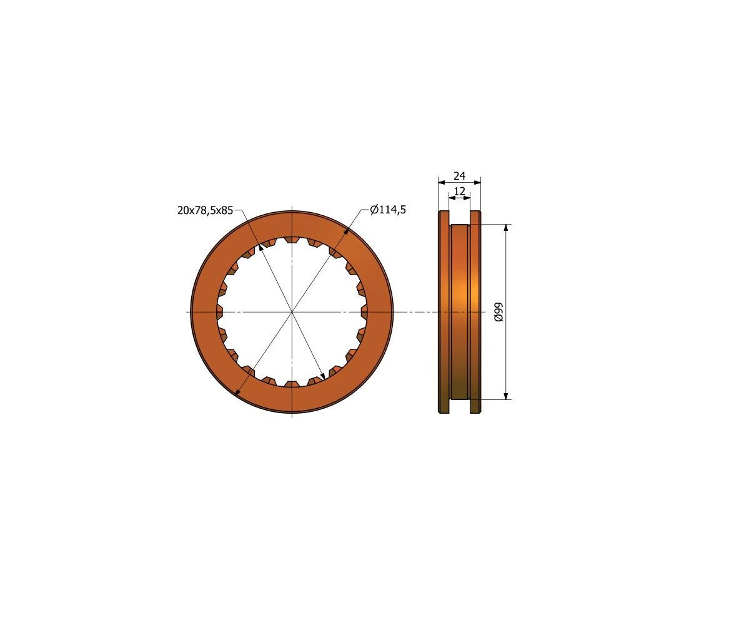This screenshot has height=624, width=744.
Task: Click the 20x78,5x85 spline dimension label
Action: [x=205, y=210]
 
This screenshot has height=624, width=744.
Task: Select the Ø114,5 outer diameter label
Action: [x=388, y=210]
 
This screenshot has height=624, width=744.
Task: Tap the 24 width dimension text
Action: [x=459, y=176]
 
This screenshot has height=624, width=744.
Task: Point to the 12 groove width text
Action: [x=459, y=191]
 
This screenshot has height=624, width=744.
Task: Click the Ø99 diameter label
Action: [x=498, y=312]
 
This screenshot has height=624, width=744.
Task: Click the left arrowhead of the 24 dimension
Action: [x=442, y=182]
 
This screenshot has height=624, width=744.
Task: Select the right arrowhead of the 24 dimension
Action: [x=477, y=182]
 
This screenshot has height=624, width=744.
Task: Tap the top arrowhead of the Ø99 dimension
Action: [x=506, y=228]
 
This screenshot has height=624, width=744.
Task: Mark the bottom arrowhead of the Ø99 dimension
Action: [x=506, y=396]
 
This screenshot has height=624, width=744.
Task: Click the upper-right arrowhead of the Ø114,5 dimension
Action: [x=345, y=232]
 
